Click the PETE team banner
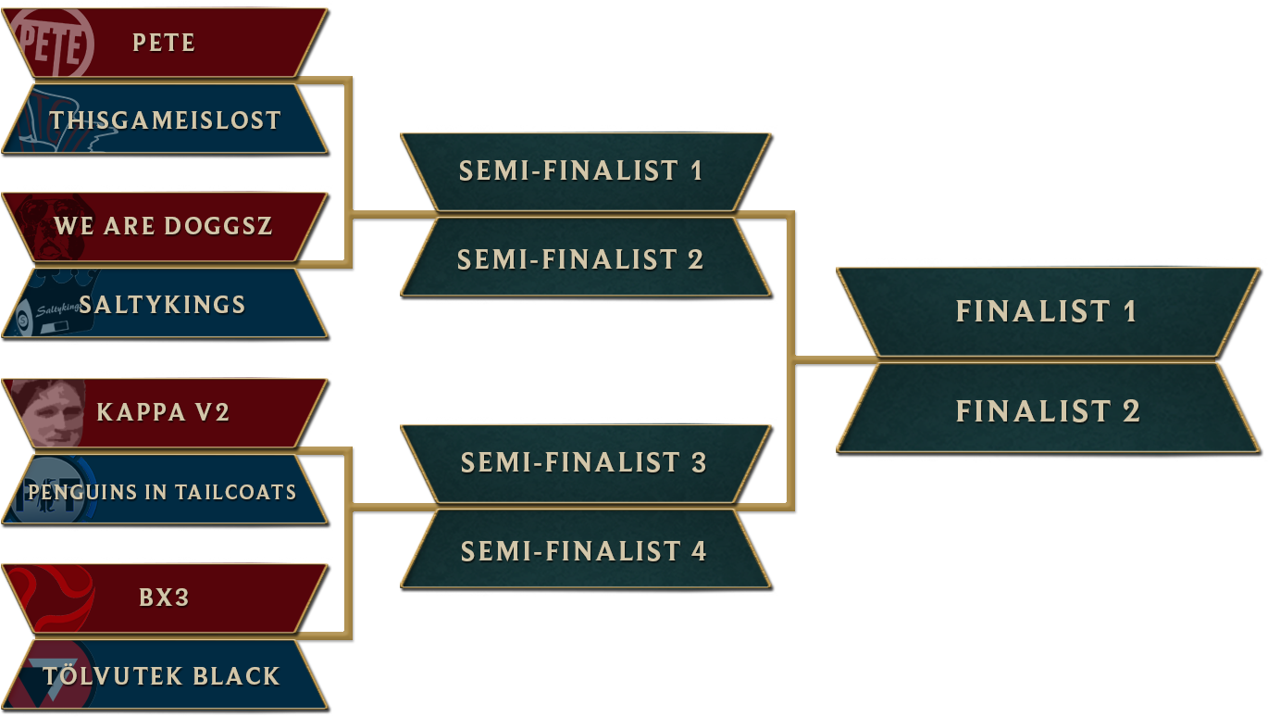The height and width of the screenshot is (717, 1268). (x=164, y=43)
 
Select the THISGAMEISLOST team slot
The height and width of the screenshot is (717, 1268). (x=165, y=119)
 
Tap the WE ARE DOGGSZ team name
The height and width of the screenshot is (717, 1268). (x=164, y=226)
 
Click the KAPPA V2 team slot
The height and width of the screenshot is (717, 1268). (x=164, y=412)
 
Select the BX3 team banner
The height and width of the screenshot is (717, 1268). (x=164, y=597)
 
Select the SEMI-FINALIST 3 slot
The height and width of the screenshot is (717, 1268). (x=583, y=462)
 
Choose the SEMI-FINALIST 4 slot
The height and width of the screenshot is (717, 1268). (x=583, y=551)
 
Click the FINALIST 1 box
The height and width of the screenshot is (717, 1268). (x=1046, y=311)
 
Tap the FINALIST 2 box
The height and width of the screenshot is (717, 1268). (x=1046, y=410)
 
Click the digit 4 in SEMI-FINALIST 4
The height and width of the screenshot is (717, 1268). (x=698, y=551)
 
